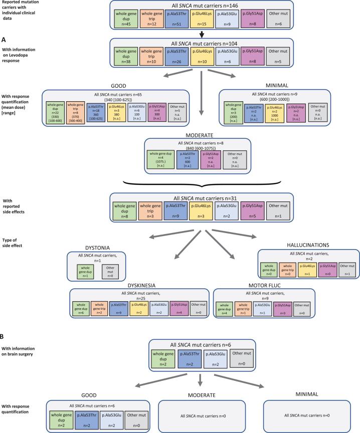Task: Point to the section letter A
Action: click(x=4, y=39)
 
